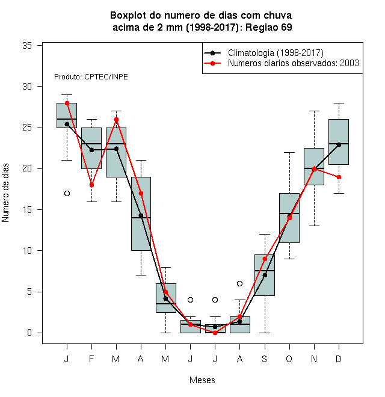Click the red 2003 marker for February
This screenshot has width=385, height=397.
coord(91,185)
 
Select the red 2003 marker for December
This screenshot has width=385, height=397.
coord(339,177)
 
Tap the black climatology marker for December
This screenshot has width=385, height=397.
coord(339,144)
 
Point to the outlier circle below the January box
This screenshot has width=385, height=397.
coord(67,194)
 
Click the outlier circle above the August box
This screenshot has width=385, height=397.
coord(239,283)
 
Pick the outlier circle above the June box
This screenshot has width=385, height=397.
coord(191,300)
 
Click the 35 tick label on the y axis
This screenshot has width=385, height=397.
coord(27,46)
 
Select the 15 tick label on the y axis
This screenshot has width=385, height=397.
coord(27,210)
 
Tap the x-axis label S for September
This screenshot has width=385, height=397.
coord(265,359)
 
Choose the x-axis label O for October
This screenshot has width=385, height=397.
coord(289,359)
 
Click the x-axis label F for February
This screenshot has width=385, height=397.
coord(91,359)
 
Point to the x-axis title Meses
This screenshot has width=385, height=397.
coord(202,380)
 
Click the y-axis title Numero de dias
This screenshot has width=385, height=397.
coord(5,193)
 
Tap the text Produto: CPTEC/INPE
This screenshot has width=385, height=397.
coord(91,77)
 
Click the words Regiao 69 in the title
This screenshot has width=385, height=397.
coord(269,27)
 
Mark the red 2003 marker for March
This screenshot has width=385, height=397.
coord(116,119)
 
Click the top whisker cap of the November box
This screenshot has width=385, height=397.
coord(314,111)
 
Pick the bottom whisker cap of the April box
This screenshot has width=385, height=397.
coord(141,275)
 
